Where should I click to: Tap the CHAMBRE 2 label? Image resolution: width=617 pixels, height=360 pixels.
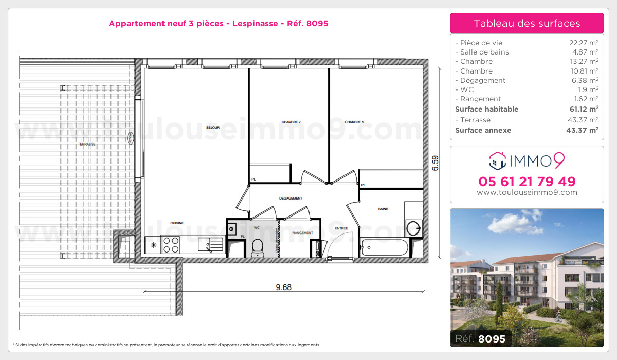point(291,122)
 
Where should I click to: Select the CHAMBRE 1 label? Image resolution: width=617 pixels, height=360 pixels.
point(354,122)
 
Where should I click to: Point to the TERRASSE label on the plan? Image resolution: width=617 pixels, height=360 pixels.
point(86,145)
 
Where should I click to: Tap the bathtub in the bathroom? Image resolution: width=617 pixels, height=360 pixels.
point(385,247)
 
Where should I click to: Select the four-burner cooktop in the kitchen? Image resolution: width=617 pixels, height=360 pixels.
point(171,244)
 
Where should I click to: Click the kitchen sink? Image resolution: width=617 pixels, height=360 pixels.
point(211,244)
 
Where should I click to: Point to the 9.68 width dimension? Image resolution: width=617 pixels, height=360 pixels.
point(283,287)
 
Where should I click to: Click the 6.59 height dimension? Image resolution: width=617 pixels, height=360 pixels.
point(435,163)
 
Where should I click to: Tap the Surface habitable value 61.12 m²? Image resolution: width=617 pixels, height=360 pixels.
point(586,109)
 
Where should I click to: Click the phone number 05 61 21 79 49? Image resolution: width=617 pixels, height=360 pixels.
point(527,182)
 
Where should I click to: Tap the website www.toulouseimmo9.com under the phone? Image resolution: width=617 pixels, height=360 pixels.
point(527,193)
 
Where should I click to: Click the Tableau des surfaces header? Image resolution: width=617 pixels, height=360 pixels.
point(527,23)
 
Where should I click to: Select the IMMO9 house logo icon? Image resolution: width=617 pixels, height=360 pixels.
point(497,160)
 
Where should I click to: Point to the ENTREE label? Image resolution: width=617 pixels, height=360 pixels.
point(341,228)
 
